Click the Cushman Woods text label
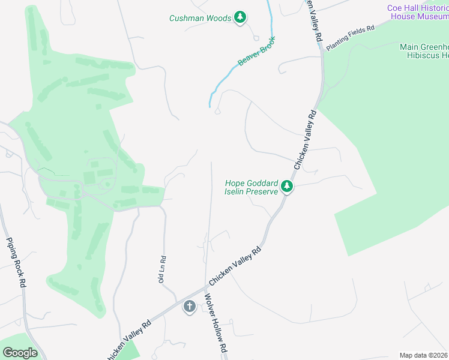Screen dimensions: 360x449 tap(200, 18)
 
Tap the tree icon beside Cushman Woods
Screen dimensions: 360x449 tap(240, 17)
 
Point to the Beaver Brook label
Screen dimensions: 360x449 tap(256, 53)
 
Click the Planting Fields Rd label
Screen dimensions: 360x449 tap(350, 37)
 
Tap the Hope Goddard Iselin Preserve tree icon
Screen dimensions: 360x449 tap(288, 187)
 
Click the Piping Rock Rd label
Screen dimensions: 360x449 tap(14, 263)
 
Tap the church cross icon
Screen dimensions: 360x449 tap(189, 307)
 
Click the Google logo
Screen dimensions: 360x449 tap(20, 353)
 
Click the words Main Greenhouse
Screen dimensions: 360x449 tap(424, 47)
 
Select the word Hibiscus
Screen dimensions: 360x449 tap(419, 55)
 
